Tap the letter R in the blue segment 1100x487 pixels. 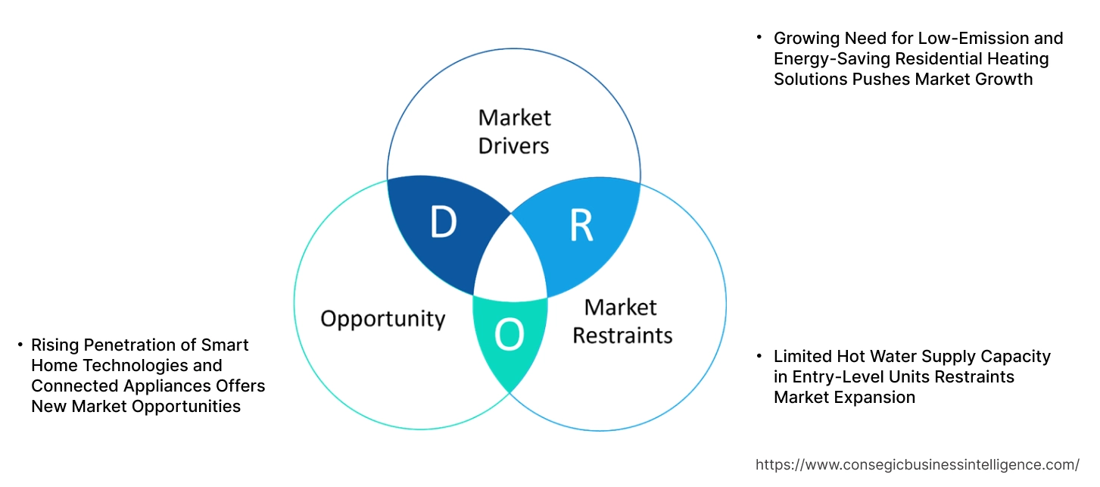(x=581, y=225)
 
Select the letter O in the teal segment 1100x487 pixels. (x=509, y=335)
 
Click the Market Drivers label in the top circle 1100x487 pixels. (x=514, y=131)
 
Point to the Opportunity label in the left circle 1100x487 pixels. (x=382, y=318)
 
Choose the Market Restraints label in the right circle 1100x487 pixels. (x=622, y=320)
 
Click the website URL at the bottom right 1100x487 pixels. (x=918, y=464)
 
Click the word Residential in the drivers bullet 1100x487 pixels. (x=941, y=59)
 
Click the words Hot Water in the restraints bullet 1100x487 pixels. (x=874, y=356)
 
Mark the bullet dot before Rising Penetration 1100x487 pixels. (x=20, y=345)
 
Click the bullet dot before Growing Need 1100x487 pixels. (x=760, y=37)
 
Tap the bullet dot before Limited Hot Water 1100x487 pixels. (x=760, y=355)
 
